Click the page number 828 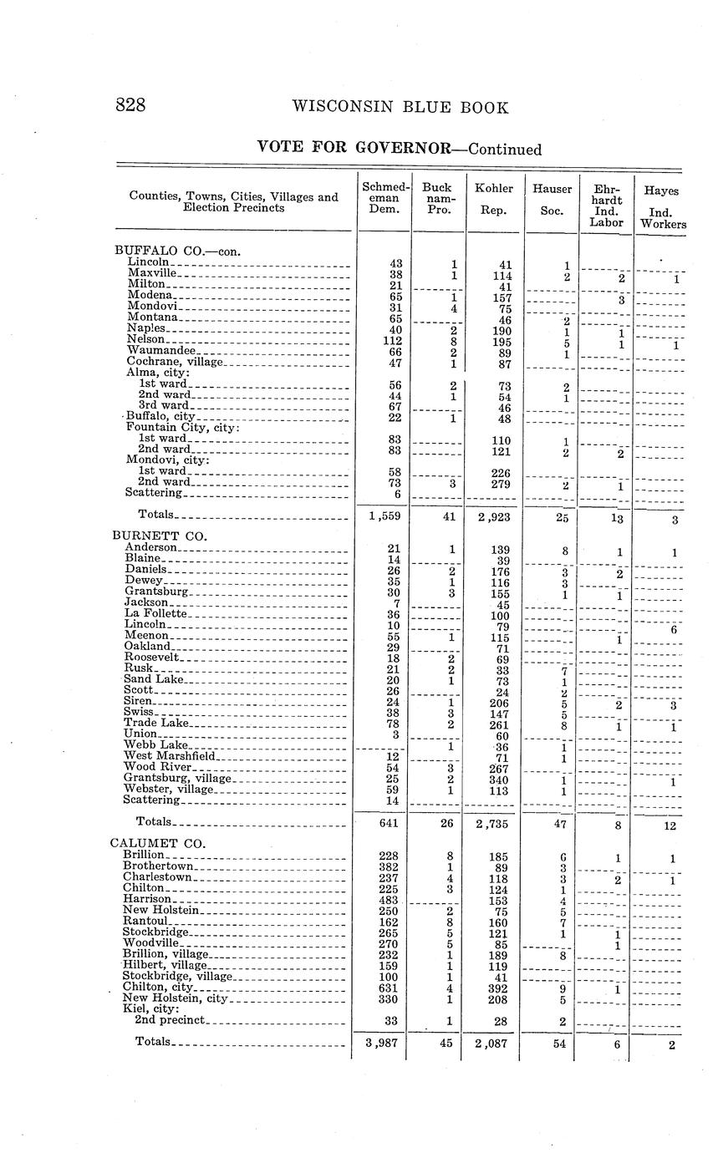click(130, 105)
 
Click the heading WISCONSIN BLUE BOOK click(400, 107)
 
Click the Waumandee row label click(161, 350)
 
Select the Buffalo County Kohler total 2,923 click(493, 516)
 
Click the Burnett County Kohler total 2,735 click(493, 824)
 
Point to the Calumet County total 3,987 click(381, 1044)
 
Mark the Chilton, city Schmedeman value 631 click(388, 988)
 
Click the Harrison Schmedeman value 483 click(388, 898)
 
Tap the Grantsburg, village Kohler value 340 click(500, 779)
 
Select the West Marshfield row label click(170, 756)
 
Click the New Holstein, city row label click(175, 998)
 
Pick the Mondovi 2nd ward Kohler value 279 click(500, 483)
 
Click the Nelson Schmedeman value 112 click(390, 340)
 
